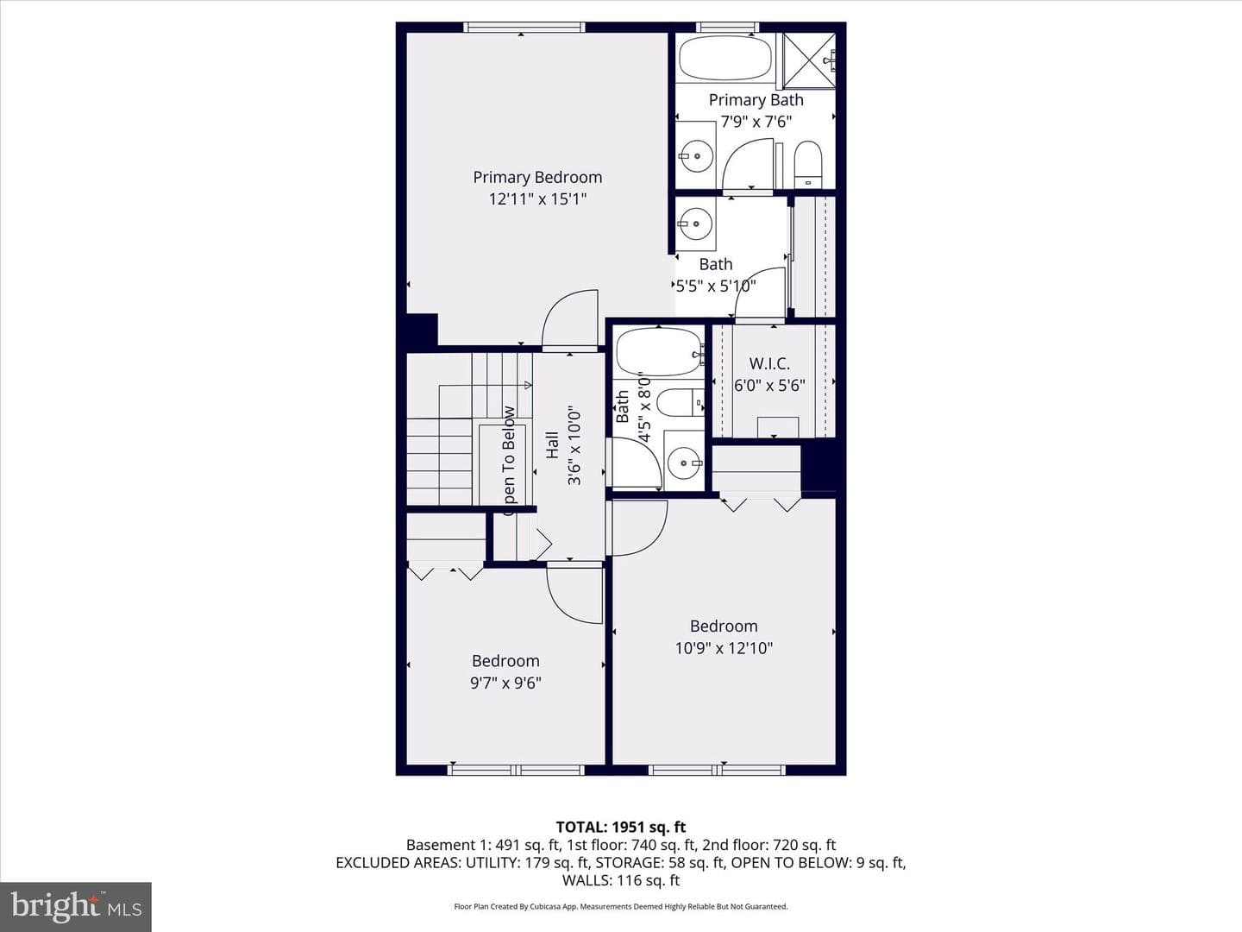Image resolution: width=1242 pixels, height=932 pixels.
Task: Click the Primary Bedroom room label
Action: click(537, 178)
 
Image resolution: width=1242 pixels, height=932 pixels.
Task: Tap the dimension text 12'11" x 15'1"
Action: click(537, 199)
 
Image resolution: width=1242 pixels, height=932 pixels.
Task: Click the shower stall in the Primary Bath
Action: click(809, 60)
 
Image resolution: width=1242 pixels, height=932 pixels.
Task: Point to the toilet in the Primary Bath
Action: click(808, 164)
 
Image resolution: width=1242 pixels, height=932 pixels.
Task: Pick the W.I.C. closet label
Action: click(769, 363)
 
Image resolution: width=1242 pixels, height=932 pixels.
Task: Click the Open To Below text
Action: click(509, 461)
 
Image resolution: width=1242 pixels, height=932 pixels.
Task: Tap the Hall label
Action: click(552, 444)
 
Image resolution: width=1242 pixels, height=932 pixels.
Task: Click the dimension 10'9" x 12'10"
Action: click(724, 648)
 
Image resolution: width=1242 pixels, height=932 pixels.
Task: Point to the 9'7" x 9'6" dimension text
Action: click(505, 683)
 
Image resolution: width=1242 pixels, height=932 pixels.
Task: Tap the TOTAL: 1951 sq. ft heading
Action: click(621, 828)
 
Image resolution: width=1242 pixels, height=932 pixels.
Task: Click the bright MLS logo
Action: click(76, 906)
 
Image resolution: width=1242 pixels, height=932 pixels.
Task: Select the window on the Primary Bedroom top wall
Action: click(524, 27)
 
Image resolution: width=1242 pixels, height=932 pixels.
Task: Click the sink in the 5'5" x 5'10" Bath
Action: click(695, 224)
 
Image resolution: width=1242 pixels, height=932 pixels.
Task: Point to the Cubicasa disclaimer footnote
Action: click(621, 906)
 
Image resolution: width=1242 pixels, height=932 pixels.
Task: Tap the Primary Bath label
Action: click(756, 100)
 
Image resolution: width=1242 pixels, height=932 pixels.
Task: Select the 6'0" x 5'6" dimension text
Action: click(769, 386)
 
